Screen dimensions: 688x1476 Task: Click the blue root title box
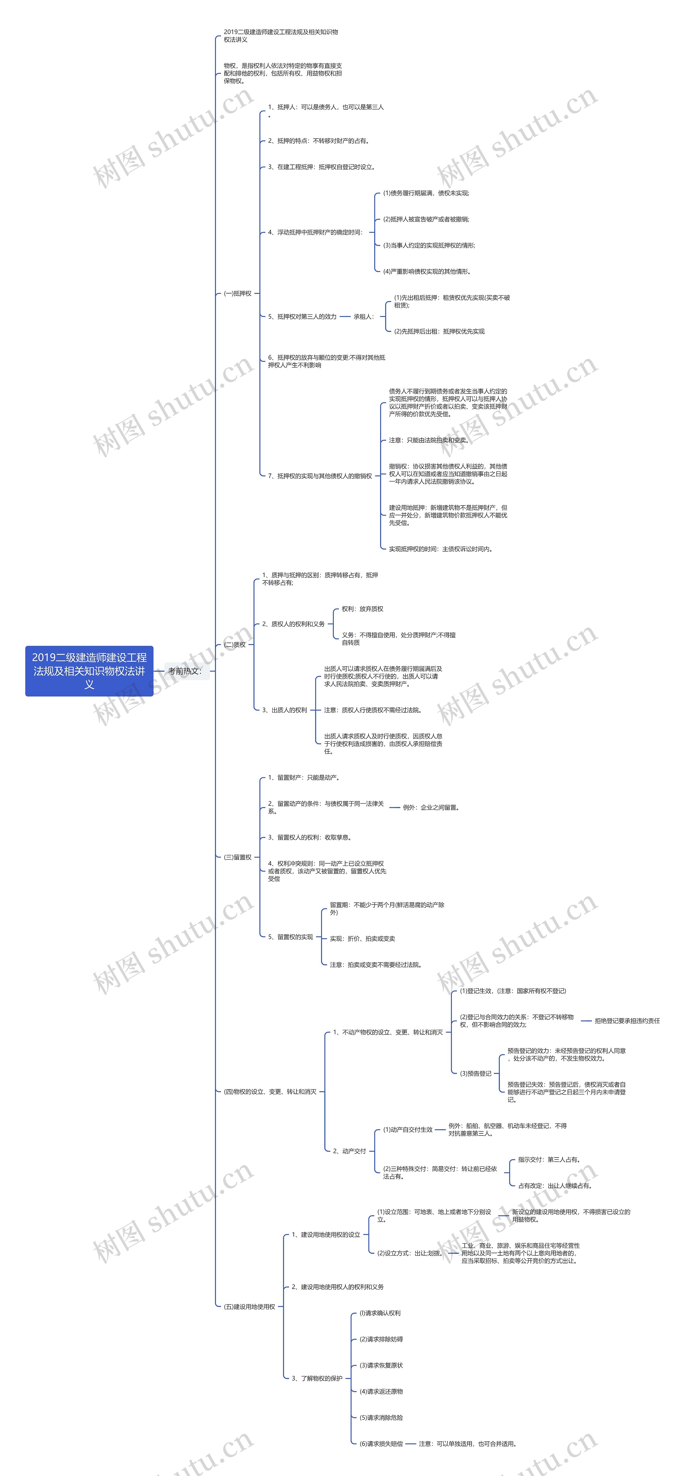[x=89, y=671]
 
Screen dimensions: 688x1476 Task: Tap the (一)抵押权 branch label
[x=238, y=293]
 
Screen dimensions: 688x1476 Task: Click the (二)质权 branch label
[x=235, y=644]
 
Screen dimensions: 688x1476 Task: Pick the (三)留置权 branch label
[x=238, y=857]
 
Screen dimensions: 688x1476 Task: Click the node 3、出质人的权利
[x=285, y=710]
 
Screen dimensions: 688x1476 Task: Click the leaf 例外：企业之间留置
[x=431, y=807]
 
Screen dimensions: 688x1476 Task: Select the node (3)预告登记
[x=475, y=1073]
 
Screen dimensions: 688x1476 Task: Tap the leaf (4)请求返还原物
[x=381, y=1391]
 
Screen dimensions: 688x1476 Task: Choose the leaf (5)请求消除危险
[x=381, y=1418]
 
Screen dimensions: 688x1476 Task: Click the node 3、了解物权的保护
[x=317, y=1378]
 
